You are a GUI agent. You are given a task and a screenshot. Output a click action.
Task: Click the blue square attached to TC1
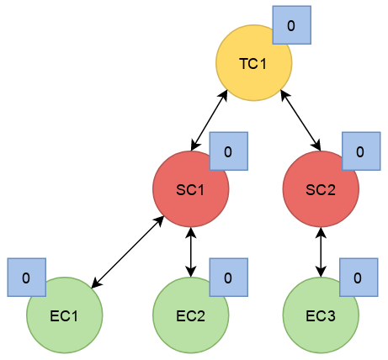point(292,25)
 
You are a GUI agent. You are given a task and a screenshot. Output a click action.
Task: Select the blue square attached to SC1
point(229,151)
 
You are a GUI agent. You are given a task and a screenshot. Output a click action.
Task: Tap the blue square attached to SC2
point(361,151)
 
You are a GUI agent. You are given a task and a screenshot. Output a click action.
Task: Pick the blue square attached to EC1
point(27,278)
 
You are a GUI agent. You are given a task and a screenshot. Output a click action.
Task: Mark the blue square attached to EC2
point(229,278)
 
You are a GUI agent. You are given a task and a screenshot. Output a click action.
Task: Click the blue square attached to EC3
point(359,278)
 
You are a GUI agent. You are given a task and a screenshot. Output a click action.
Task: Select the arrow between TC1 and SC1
point(209,120)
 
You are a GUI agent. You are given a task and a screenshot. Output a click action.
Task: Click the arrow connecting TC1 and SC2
point(301,120)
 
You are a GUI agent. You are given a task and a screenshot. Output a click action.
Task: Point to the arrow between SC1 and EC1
point(128,252)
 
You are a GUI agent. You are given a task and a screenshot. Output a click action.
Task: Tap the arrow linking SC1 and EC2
point(191,252)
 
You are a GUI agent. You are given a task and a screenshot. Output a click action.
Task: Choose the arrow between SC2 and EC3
point(321,252)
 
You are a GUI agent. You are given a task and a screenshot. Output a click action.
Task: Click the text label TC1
point(253,64)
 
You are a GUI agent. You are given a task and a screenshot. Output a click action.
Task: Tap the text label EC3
point(321,316)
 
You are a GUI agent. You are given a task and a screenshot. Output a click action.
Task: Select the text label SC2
point(321,190)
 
